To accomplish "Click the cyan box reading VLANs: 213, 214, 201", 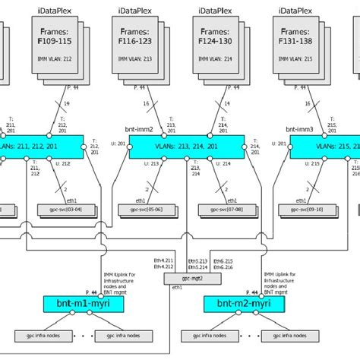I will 186,147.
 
